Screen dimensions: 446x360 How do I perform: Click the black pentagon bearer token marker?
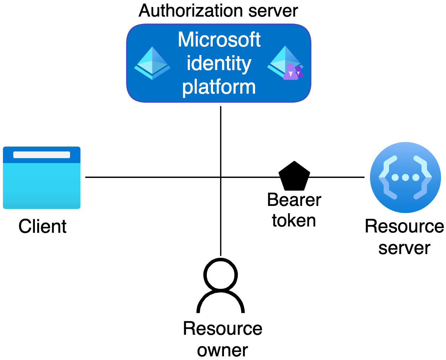pos(294,176)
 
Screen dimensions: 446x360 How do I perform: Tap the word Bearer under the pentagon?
pos(294,200)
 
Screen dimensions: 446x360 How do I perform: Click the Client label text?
pos(42,226)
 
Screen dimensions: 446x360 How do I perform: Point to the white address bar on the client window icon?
pos(42,155)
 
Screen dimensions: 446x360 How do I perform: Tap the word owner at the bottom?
pos(222,350)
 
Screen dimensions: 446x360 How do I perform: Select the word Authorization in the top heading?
pos(191,11)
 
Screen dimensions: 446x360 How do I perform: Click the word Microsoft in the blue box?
pos(219,40)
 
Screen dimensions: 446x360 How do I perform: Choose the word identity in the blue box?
pos(219,63)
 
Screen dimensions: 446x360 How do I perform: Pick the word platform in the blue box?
pos(219,87)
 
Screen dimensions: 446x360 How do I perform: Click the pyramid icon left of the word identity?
pos(152,63)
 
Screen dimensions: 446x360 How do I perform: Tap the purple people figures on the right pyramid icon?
pos(293,72)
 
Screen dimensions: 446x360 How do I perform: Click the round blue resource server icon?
pos(406,177)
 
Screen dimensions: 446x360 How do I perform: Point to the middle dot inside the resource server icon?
pos(406,177)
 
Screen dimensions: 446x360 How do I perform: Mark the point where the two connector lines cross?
pos(221,177)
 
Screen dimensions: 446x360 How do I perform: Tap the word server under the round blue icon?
pos(404,248)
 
